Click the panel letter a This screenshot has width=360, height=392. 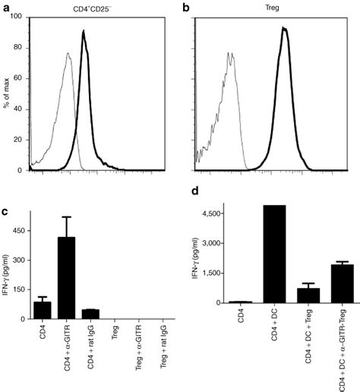[x=8, y=8]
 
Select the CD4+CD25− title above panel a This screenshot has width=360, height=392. [x=96, y=8]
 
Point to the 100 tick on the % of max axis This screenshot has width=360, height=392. [x=19, y=16]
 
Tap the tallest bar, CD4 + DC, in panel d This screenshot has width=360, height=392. [x=271, y=254]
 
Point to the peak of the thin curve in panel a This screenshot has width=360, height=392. [x=68, y=54]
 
